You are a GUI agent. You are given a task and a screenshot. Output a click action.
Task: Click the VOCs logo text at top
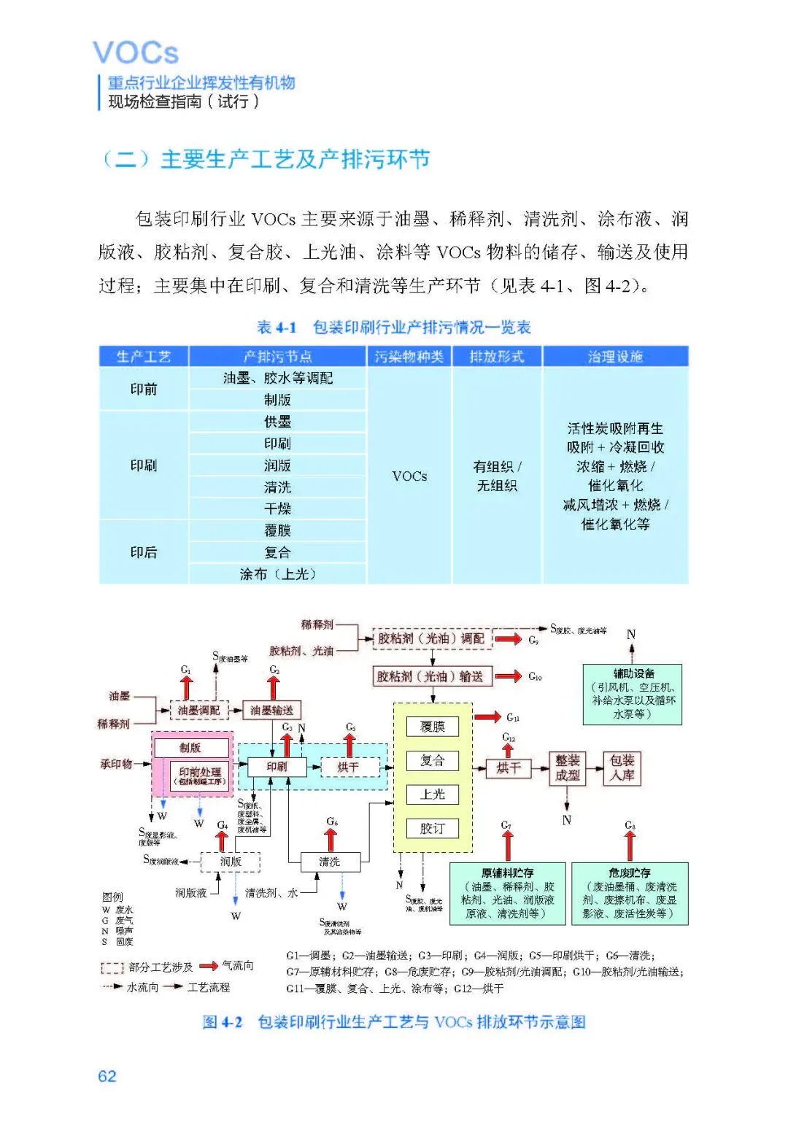[x=136, y=53]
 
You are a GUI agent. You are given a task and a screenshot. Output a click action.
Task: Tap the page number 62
[x=107, y=1076]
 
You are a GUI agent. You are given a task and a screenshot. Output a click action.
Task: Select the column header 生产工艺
[x=144, y=357]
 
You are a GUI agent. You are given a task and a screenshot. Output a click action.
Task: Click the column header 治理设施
[x=615, y=357]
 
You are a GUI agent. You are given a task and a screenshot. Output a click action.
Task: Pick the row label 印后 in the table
[x=144, y=552]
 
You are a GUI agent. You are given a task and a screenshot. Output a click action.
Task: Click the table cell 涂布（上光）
[x=277, y=574]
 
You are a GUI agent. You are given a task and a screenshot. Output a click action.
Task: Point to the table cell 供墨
[x=277, y=422]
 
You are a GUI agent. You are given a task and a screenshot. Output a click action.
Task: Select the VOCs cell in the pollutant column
[x=409, y=476]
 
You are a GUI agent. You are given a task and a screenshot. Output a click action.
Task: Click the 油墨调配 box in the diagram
[x=199, y=710]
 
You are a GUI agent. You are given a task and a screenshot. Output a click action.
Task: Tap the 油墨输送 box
[x=271, y=710]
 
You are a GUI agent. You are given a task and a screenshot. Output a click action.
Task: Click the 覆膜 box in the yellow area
[x=433, y=727]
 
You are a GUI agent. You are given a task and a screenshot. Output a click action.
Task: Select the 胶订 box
[x=433, y=829]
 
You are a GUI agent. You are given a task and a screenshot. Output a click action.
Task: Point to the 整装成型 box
[x=567, y=768]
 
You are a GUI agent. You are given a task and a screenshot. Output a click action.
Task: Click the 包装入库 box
[x=622, y=768]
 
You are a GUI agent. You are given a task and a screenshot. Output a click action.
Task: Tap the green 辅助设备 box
[x=633, y=694]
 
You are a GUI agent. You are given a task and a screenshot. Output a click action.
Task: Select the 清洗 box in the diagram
[x=330, y=862]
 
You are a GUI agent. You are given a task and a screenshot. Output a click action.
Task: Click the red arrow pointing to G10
[x=509, y=676]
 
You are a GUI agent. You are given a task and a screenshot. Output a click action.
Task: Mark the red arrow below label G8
[x=630, y=846]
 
